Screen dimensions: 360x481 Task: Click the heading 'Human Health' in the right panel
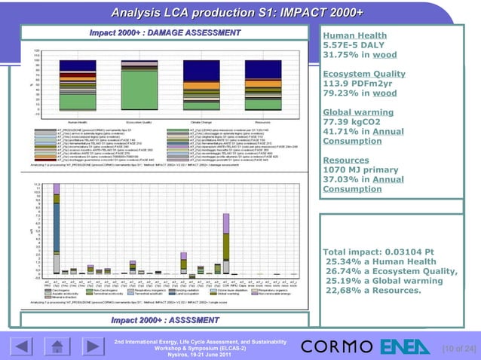point(354,35)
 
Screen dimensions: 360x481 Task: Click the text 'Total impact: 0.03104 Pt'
point(384,251)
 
